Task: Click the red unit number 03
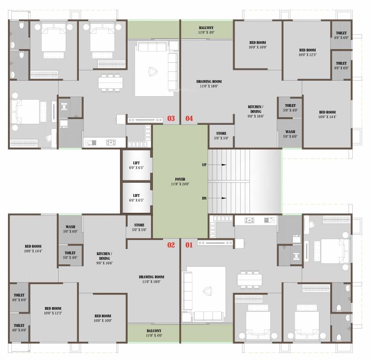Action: click(171, 118)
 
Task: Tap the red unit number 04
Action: click(189, 118)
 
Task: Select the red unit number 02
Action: click(171, 245)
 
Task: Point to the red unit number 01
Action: click(189, 245)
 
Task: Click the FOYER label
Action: click(180, 179)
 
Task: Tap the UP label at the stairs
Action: click(204, 165)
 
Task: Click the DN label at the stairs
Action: click(204, 198)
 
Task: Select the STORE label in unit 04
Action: click(221, 134)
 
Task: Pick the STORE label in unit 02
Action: click(139, 225)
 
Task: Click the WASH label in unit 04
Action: click(290, 132)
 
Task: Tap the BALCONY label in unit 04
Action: click(206, 28)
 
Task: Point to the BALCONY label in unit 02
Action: click(154, 330)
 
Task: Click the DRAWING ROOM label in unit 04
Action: click(209, 82)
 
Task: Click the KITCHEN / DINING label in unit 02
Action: click(104, 256)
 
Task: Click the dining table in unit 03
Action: click(111, 83)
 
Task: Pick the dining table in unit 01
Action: click(250, 279)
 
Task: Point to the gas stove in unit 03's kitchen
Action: click(111, 142)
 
